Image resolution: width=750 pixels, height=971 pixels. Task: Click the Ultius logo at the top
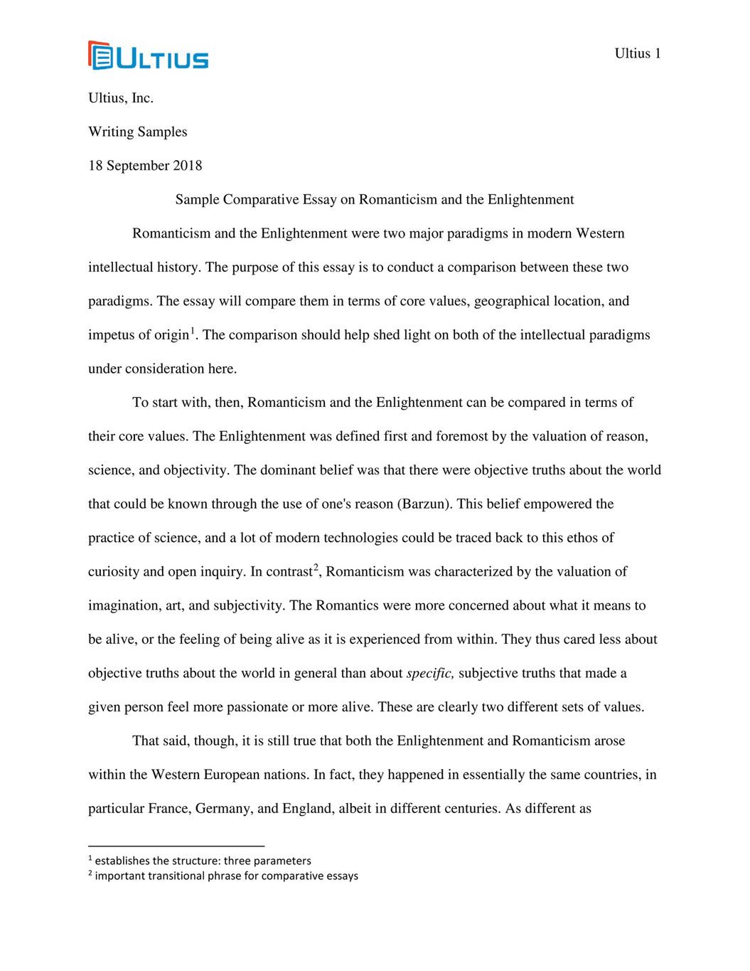point(149,55)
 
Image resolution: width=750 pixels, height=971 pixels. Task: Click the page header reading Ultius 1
point(637,53)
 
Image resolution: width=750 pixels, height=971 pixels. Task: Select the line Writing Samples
point(137,132)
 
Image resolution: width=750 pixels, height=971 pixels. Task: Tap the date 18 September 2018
point(145,166)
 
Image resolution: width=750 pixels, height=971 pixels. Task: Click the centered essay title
point(375,199)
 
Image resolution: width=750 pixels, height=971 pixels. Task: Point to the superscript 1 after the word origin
point(193,330)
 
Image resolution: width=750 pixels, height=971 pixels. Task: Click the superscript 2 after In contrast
point(316,567)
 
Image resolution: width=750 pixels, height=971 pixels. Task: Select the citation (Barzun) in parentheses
point(424,504)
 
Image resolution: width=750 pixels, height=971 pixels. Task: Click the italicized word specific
point(430,673)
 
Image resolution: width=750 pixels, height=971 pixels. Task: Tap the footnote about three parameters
point(203,861)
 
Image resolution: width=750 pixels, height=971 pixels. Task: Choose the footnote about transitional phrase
point(226,876)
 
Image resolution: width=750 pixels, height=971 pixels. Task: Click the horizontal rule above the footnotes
point(176,846)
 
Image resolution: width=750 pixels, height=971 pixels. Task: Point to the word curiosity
point(114,572)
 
